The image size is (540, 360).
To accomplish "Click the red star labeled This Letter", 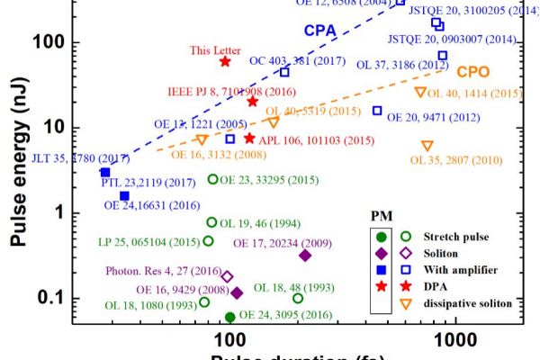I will pyautogui.click(x=225, y=61).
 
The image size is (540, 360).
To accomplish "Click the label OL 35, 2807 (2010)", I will pyautogui.click(x=455, y=161).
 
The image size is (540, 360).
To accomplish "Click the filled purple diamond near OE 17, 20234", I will pyautogui.click(x=305, y=256).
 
